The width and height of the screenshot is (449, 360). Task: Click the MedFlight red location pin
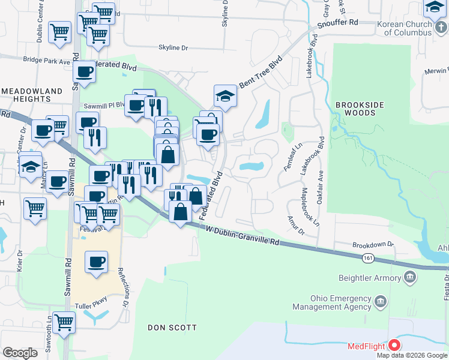[x=394, y=345]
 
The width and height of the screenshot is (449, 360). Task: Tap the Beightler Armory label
[x=370, y=278]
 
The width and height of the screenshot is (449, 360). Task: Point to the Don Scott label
[x=172, y=328]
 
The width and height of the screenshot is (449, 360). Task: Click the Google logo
[x=20, y=353]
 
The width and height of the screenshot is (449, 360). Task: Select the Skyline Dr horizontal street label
[x=173, y=47]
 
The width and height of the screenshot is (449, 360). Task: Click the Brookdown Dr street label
[x=372, y=245]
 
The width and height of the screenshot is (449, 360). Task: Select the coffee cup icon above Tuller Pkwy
[x=96, y=262]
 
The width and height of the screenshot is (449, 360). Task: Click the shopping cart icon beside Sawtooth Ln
[x=63, y=322]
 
